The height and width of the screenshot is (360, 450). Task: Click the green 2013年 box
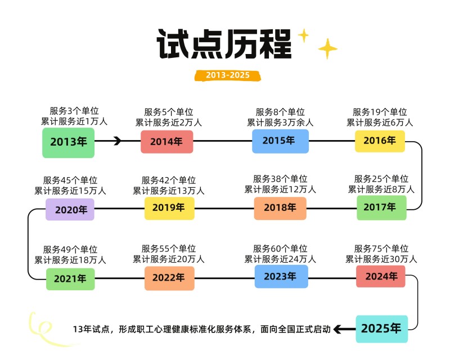68,142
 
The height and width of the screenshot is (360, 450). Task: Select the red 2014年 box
166,142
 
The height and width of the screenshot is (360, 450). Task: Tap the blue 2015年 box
280,141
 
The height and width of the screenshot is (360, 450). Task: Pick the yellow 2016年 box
380,141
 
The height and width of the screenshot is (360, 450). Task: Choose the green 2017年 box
381,207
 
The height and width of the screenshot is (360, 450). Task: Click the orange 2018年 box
280,208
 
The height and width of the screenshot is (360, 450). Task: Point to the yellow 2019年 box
169,208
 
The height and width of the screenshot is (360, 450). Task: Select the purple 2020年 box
70,209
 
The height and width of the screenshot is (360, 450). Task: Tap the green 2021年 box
70,278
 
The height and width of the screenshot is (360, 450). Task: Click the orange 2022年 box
169,278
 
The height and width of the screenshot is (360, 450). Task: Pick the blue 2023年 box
281,277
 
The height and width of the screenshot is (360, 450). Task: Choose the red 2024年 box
381,276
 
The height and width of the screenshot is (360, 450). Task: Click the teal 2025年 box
381,328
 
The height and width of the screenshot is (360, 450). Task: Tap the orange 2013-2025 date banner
227,75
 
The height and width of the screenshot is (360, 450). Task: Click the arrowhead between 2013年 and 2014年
118,141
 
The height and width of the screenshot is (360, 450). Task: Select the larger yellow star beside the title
327,49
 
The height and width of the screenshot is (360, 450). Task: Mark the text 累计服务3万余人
280,122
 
